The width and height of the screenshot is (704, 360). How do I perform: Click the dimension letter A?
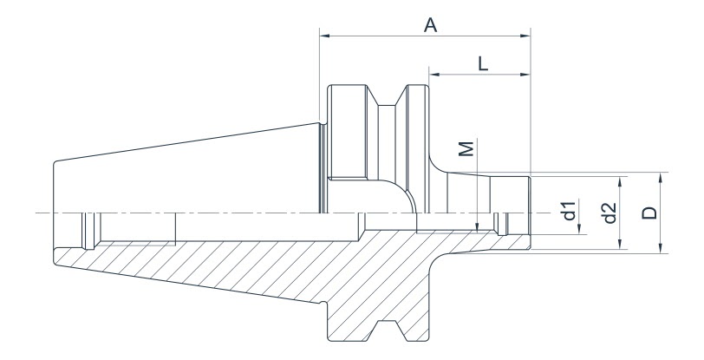click(429, 26)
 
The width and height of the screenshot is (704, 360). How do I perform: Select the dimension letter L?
click(483, 62)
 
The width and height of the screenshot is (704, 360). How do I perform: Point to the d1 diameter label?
click(568, 211)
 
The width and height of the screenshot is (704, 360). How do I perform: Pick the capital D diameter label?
click(651, 211)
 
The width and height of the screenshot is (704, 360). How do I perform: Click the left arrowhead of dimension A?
click(324, 36)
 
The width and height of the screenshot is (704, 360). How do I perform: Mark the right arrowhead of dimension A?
click(525, 36)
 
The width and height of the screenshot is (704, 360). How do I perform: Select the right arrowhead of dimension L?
click(525, 75)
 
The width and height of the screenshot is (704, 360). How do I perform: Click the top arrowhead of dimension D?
click(661, 176)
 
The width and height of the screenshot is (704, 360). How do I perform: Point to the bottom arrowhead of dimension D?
click(661, 249)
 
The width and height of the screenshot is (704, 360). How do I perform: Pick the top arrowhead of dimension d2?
click(621, 182)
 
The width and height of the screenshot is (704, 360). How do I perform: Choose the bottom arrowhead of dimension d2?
click(621, 244)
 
